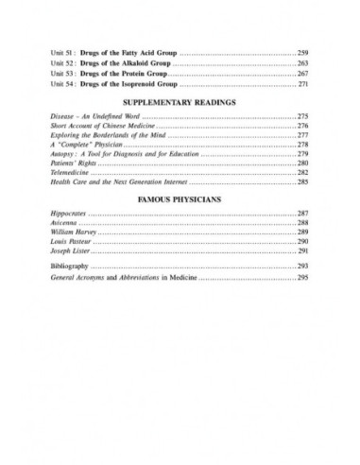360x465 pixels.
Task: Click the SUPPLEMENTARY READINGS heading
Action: (x=180, y=101)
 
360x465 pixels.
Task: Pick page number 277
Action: (x=303, y=136)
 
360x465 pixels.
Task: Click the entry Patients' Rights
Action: (x=73, y=165)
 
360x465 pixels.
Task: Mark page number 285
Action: (x=303, y=186)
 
